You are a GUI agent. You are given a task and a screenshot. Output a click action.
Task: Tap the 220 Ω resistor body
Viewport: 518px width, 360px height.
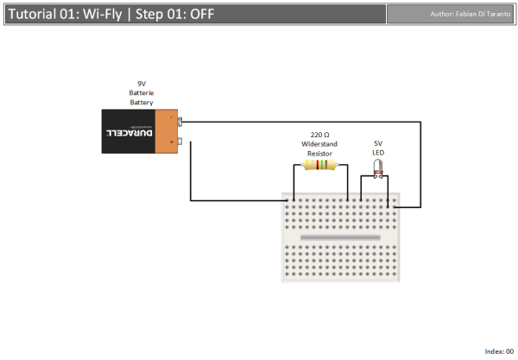pos(320,165)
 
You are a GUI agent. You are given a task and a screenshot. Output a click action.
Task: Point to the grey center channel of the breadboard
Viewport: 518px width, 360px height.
pos(340,236)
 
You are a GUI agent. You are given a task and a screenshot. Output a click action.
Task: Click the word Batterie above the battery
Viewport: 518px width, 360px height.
pos(142,92)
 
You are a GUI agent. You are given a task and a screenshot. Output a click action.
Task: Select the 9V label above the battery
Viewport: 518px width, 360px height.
pos(142,83)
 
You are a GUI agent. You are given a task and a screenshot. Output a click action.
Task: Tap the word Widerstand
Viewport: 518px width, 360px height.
pos(319,143)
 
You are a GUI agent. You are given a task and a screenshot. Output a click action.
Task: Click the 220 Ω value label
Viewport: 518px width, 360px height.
pos(319,134)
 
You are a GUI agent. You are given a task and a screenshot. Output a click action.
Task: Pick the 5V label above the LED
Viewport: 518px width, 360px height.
pos(378,143)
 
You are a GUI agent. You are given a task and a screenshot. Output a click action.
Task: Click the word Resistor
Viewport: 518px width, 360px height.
pos(319,153)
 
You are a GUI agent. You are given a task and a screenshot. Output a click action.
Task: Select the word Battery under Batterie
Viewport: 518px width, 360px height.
pos(142,102)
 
